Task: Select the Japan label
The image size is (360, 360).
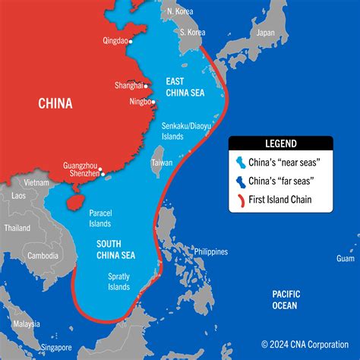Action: [265, 33]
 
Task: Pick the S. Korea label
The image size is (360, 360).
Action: [193, 32]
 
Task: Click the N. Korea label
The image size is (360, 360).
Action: [179, 12]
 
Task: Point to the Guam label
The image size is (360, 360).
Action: [346, 260]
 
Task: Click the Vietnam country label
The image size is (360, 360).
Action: [36, 183]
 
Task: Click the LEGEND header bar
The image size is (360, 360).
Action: [281, 143]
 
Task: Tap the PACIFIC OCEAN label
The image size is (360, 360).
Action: [287, 298]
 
